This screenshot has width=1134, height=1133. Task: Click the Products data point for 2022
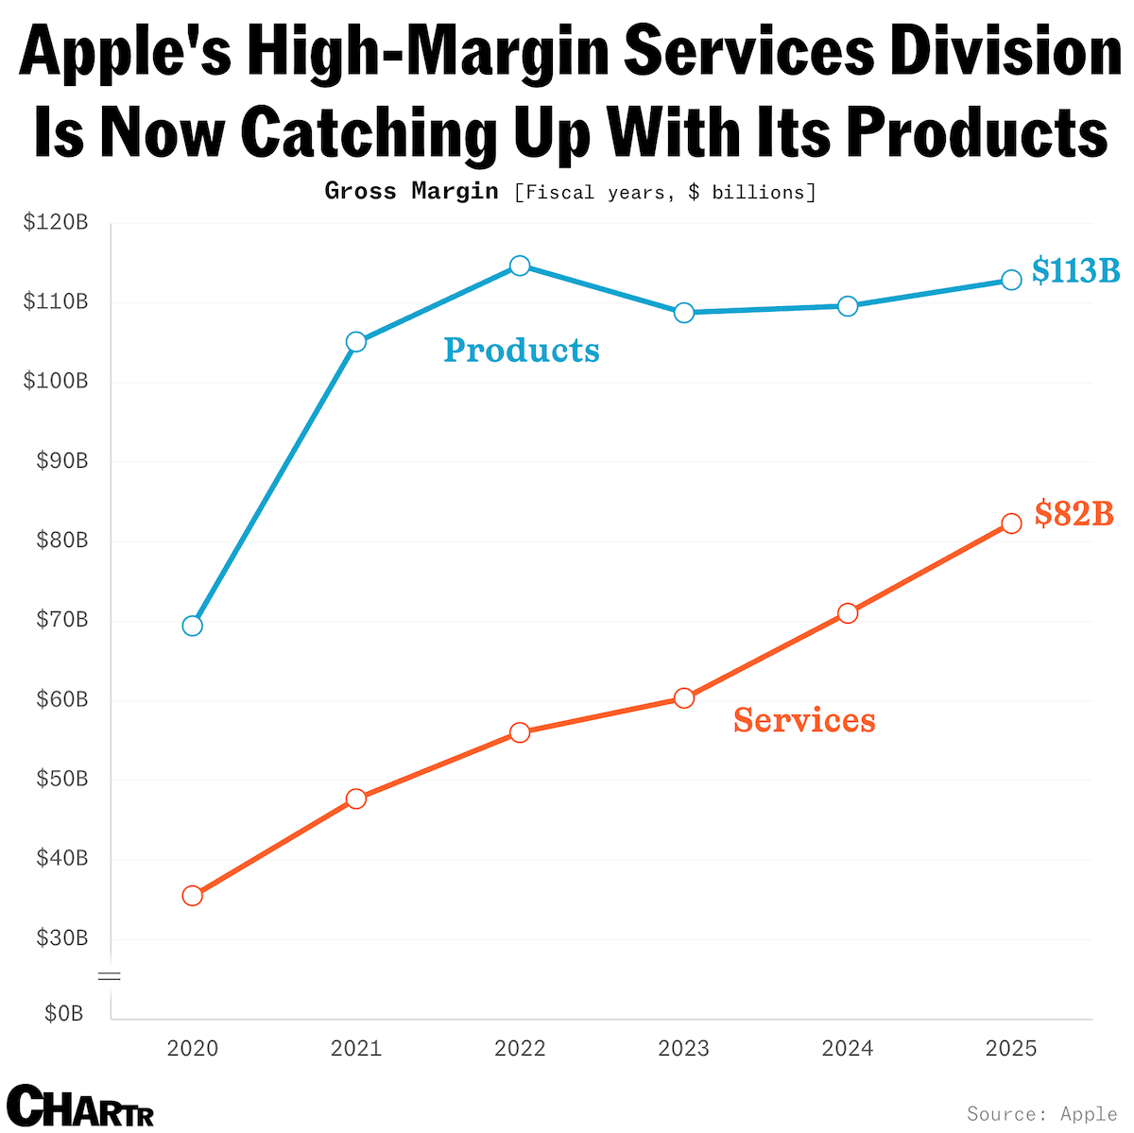(520, 266)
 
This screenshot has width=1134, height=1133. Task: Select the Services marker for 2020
(193, 895)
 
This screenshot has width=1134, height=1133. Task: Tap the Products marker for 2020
(193, 626)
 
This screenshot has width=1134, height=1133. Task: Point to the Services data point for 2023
(684, 698)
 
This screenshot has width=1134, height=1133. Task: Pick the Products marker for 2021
(356, 341)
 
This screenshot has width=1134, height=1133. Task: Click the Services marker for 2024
(848, 613)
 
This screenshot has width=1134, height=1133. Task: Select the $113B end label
(1075, 271)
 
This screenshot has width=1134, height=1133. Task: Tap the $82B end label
(1074, 514)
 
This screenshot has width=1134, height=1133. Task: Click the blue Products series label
(522, 351)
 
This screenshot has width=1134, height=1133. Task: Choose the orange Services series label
(804, 720)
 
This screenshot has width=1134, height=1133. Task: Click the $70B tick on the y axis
(62, 620)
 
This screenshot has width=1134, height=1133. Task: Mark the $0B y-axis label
(64, 1014)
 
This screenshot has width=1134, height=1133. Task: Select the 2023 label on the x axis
(684, 1048)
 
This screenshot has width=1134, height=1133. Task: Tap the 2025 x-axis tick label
(1011, 1048)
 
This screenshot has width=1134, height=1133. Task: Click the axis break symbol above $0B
(111, 975)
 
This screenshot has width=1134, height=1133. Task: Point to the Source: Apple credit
(1042, 1114)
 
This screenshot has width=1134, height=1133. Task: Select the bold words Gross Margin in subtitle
(411, 191)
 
